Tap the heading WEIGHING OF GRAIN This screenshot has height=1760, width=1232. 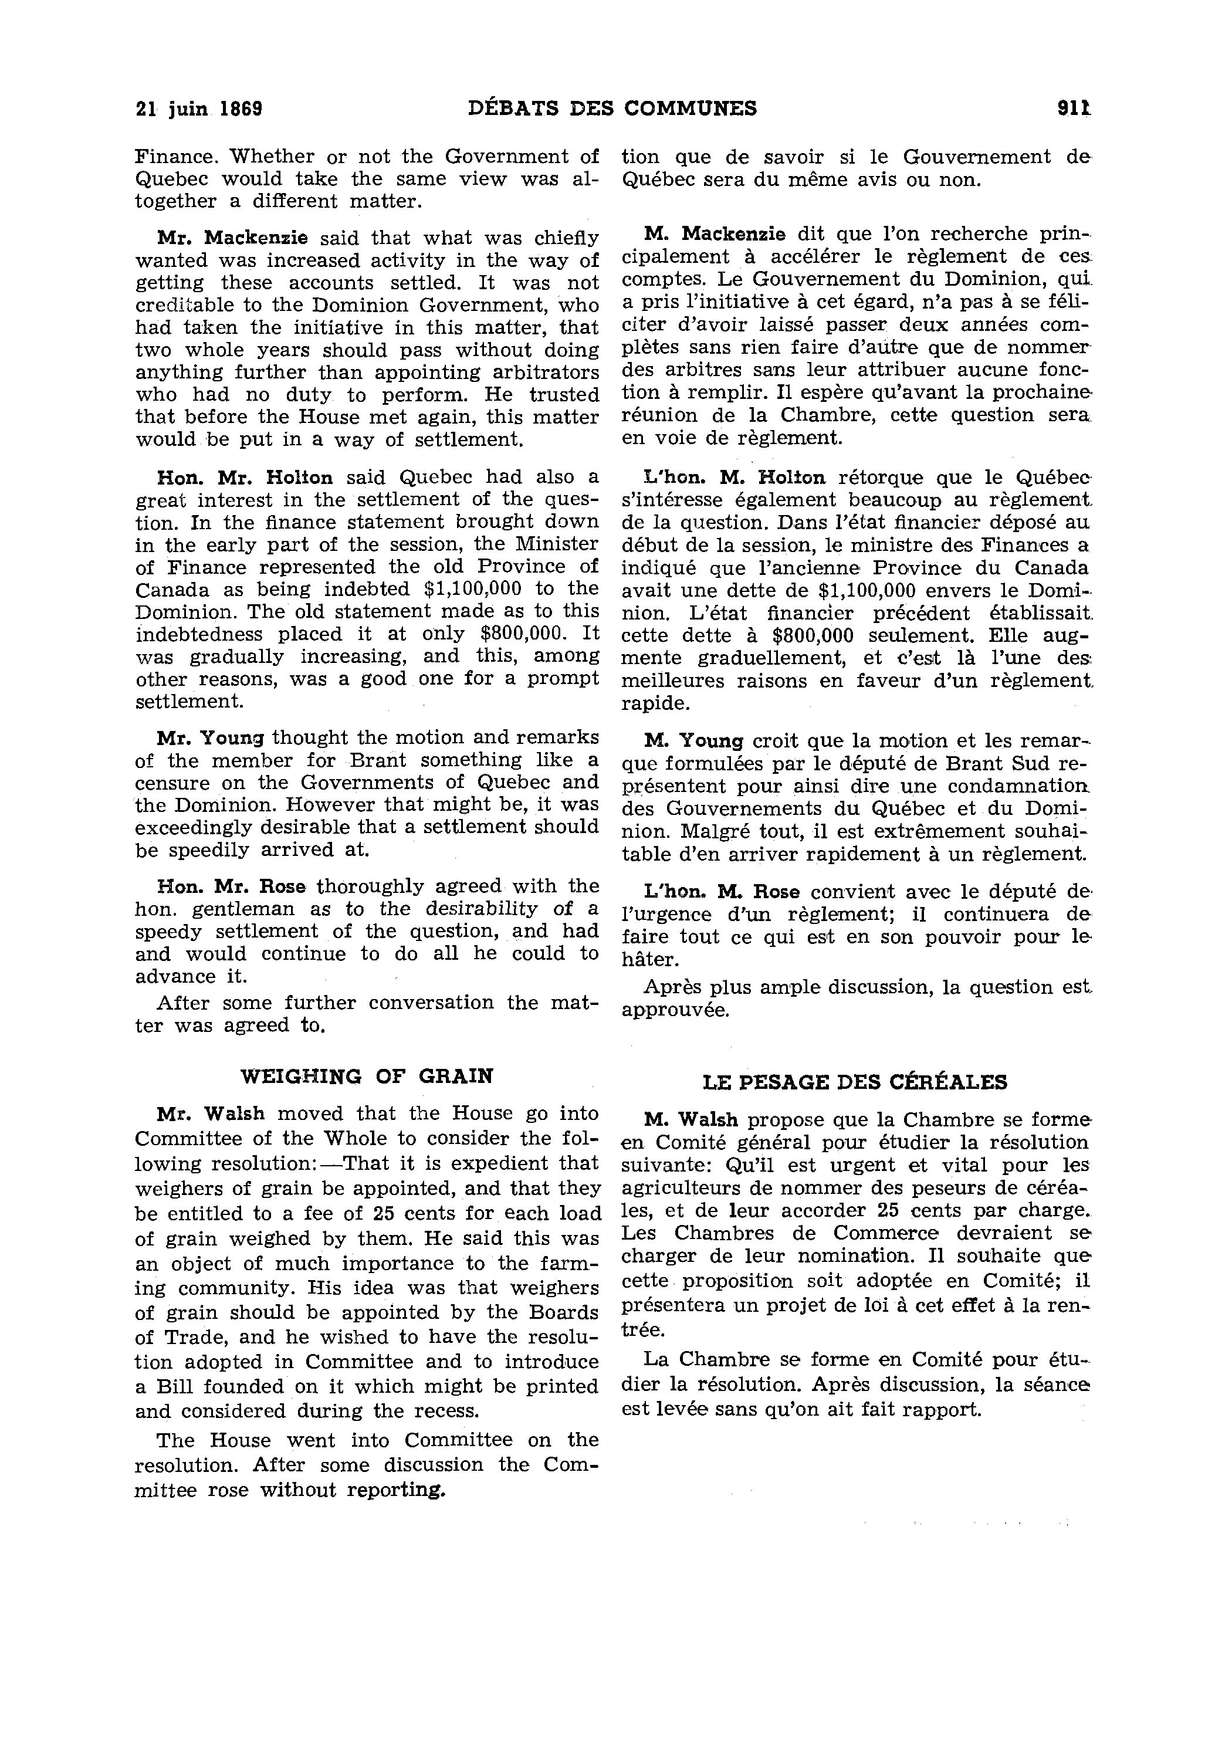point(367,1075)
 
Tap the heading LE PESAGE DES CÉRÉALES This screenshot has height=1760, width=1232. point(855,1082)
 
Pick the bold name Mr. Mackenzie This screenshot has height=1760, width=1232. point(232,238)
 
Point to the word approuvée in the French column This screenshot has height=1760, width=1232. point(675,1010)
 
